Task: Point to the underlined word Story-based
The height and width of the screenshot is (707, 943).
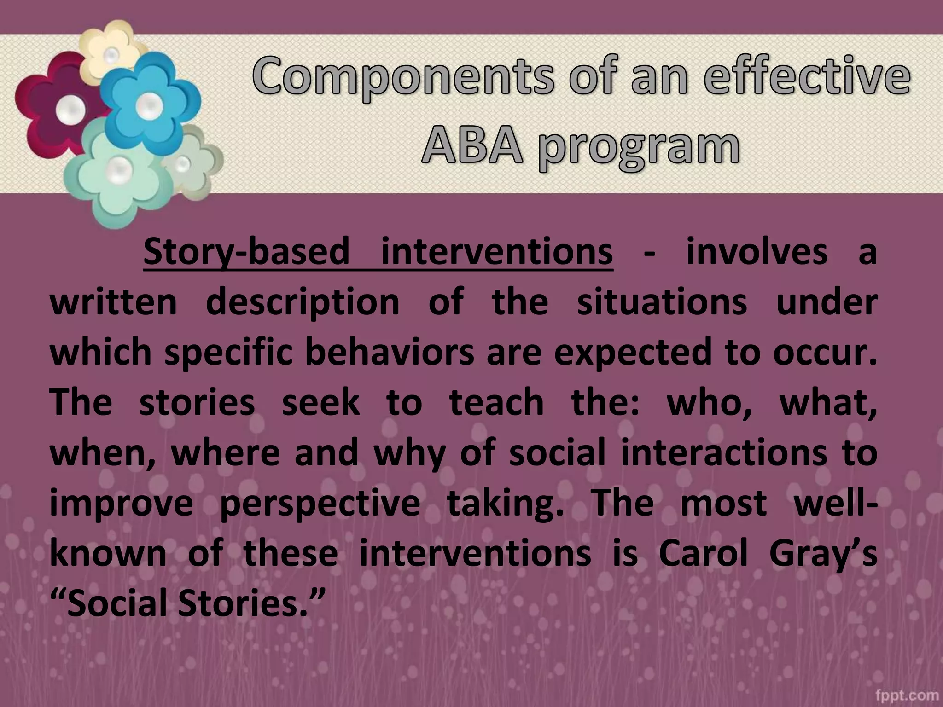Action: (x=246, y=252)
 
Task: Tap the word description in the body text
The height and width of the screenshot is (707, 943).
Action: (x=303, y=303)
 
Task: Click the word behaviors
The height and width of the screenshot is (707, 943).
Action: (x=389, y=352)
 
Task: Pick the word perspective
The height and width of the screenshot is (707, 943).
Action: (x=320, y=504)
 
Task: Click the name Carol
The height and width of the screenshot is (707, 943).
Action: (x=703, y=553)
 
